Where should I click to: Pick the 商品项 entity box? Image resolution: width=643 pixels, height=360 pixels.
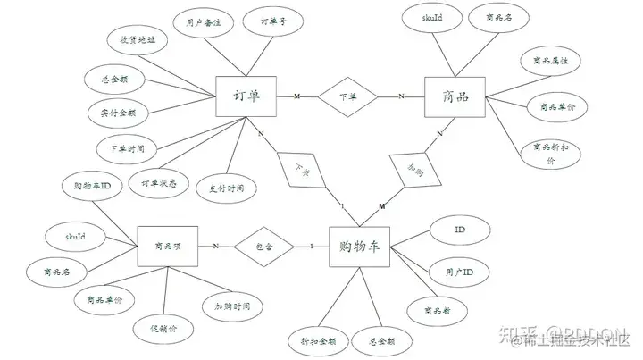(x=167, y=246)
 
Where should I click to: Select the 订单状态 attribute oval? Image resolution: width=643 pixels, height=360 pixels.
(x=159, y=183)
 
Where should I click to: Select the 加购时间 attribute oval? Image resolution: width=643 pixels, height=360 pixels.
(x=233, y=306)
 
